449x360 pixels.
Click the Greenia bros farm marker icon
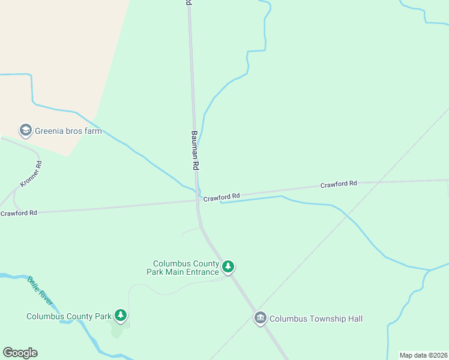pos(25,130)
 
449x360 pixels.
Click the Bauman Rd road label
pos(195,149)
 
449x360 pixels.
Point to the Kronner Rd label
pos(31,174)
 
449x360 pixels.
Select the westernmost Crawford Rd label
pos(19,213)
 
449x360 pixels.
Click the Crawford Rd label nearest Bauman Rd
pos(221,196)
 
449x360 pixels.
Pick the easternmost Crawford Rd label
pos(339,184)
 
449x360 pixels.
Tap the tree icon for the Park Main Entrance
pos(228,266)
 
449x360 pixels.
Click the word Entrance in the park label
pos(200,272)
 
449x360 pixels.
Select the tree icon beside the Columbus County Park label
pos(121,315)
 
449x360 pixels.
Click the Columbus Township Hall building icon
pos(260,317)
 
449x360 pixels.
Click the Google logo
pos(20,353)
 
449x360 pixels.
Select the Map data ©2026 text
pos(423,355)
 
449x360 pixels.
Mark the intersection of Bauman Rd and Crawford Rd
pos(197,200)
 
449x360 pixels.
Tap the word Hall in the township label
pos(354,319)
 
